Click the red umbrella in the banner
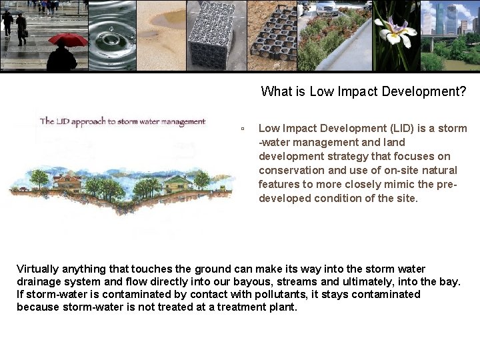(x=68, y=39)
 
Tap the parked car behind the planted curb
(x=326, y=8)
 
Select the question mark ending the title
(x=463, y=91)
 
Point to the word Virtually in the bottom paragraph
(x=37, y=269)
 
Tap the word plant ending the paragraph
(x=283, y=307)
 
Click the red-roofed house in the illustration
(x=67, y=181)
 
